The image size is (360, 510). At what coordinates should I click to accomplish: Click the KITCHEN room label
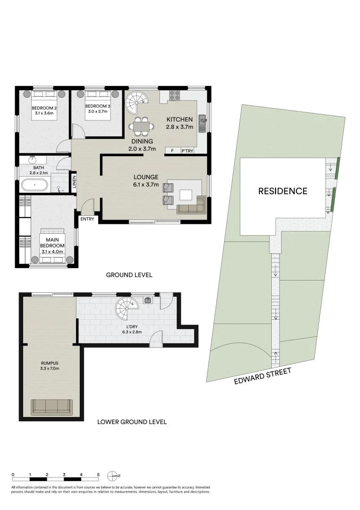pyautogui.click(x=179, y=119)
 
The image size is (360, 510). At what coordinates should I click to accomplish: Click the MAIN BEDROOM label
pyautogui.click(x=52, y=242)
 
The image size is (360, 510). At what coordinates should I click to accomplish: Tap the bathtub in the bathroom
pyautogui.click(x=34, y=185)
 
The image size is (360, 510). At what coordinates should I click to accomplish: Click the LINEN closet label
pyautogui.click(x=74, y=182)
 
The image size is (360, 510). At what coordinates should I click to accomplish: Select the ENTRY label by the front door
pyautogui.click(x=87, y=219)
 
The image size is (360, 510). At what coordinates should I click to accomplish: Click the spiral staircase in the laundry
pyautogui.click(x=128, y=310)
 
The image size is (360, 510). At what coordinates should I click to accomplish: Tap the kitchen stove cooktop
pyautogui.click(x=174, y=95)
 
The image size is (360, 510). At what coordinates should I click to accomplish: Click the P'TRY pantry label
pyautogui.click(x=187, y=151)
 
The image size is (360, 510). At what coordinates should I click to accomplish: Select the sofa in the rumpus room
pyautogui.click(x=51, y=407)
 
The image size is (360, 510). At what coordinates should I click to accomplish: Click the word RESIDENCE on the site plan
pyautogui.click(x=283, y=191)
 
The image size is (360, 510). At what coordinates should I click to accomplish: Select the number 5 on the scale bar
pyautogui.click(x=98, y=474)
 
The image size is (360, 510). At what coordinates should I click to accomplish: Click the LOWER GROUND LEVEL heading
pyautogui.click(x=132, y=422)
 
